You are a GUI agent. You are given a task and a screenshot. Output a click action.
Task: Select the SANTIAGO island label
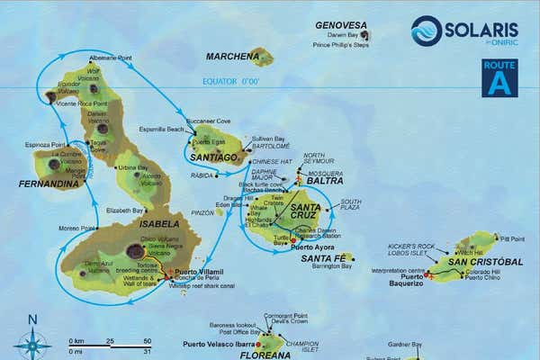point(216,156)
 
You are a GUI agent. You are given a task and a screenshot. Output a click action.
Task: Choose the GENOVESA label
point(340,25)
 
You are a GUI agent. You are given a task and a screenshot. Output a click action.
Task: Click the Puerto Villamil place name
point(198,271)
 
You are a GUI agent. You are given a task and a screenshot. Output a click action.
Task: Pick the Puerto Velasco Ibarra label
point(218,344)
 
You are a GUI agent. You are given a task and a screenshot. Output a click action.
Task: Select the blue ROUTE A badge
point(499,77)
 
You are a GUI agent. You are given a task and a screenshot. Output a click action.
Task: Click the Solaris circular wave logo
point(427,31)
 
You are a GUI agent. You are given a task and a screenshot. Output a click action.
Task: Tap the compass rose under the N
point(33,342)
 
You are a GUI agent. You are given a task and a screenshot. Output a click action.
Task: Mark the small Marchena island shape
point(262,57)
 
